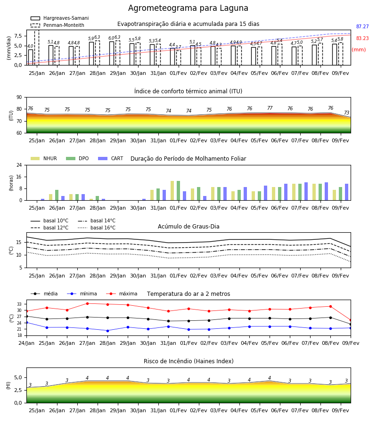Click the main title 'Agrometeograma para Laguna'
coord(188,8)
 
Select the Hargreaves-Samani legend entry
coord(60,18)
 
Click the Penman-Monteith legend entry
coord(57,25)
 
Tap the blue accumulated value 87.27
coord(362,26)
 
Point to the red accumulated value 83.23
coord(362,38)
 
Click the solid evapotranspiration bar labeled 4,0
coord(31,57)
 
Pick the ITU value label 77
coord(270,108)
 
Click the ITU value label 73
coord(346,113)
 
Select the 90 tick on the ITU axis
coord(19,98)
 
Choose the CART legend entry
coord(111,158)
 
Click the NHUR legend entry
coord(44,158)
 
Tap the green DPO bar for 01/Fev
coord(179,191)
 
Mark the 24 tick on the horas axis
coord(19,165)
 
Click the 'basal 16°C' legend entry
coord(97,228)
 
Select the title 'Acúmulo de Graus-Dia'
coord(188,226)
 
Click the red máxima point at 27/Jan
coord(87,303)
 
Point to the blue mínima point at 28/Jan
coord(107,331)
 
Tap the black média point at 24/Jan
coord(26,316)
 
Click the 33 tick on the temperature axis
coord(19,304)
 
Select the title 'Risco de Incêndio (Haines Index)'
coord(188,361)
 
